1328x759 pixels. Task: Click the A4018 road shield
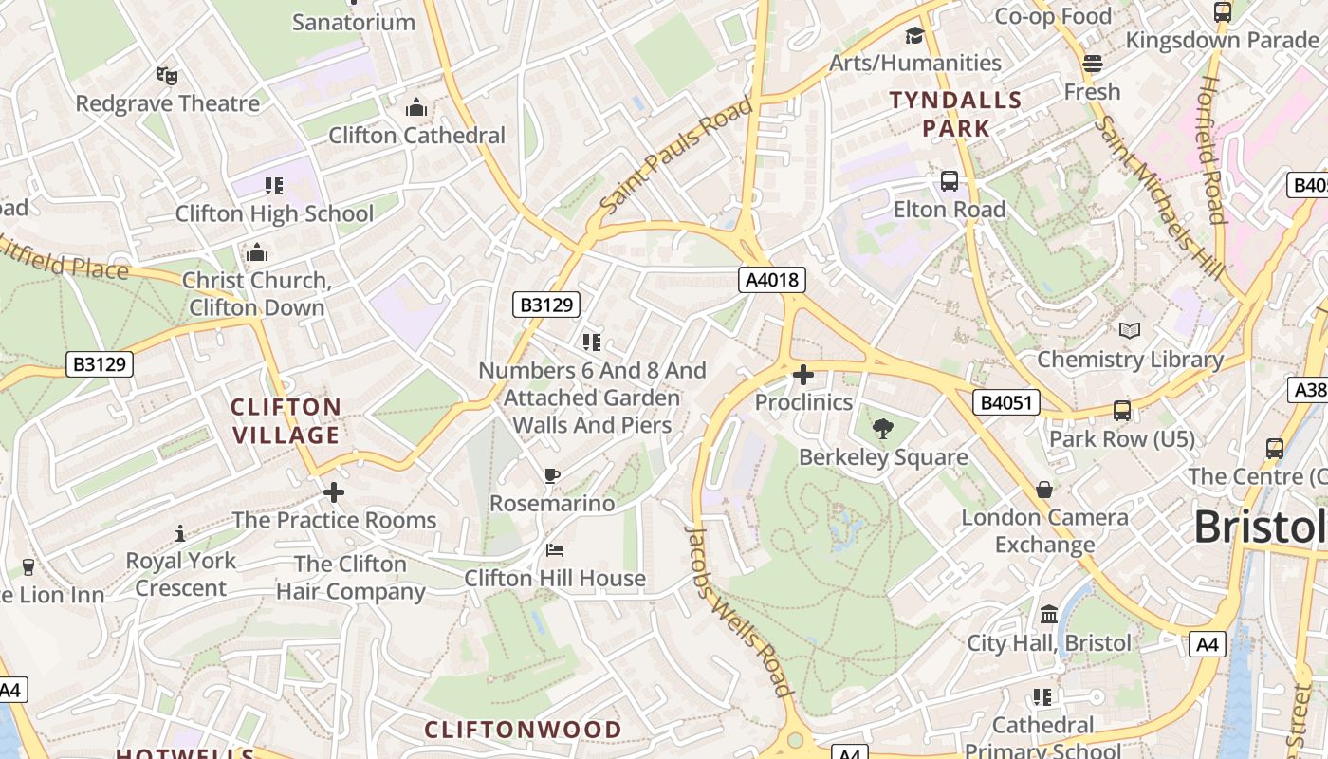[x=772, y=280]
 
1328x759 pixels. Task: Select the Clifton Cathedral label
[x=416, y=135]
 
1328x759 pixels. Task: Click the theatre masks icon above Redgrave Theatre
[x=167, y=75]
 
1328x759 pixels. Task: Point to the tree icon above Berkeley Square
[x=883, y=429]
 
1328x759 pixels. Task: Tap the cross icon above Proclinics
[x=803, y=375]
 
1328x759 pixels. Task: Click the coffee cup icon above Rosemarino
[x=552, y=475]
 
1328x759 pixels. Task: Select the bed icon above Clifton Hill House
[x=555, y=550]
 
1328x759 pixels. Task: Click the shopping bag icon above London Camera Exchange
[x=1044, y=490]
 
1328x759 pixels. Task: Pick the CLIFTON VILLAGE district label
[x=286, y=421]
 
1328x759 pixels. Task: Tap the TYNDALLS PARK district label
[x=955, y=114]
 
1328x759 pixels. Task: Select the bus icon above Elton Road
[x=949, y=181]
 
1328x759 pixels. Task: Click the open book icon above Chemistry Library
[x=1130, y=330]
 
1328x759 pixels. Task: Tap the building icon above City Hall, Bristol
[x=1049, y=615]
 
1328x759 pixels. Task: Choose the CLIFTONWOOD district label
[x=523, y=730]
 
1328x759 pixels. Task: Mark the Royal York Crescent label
[x=180, y=574]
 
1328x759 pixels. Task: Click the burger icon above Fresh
[x=1092, y=64]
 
